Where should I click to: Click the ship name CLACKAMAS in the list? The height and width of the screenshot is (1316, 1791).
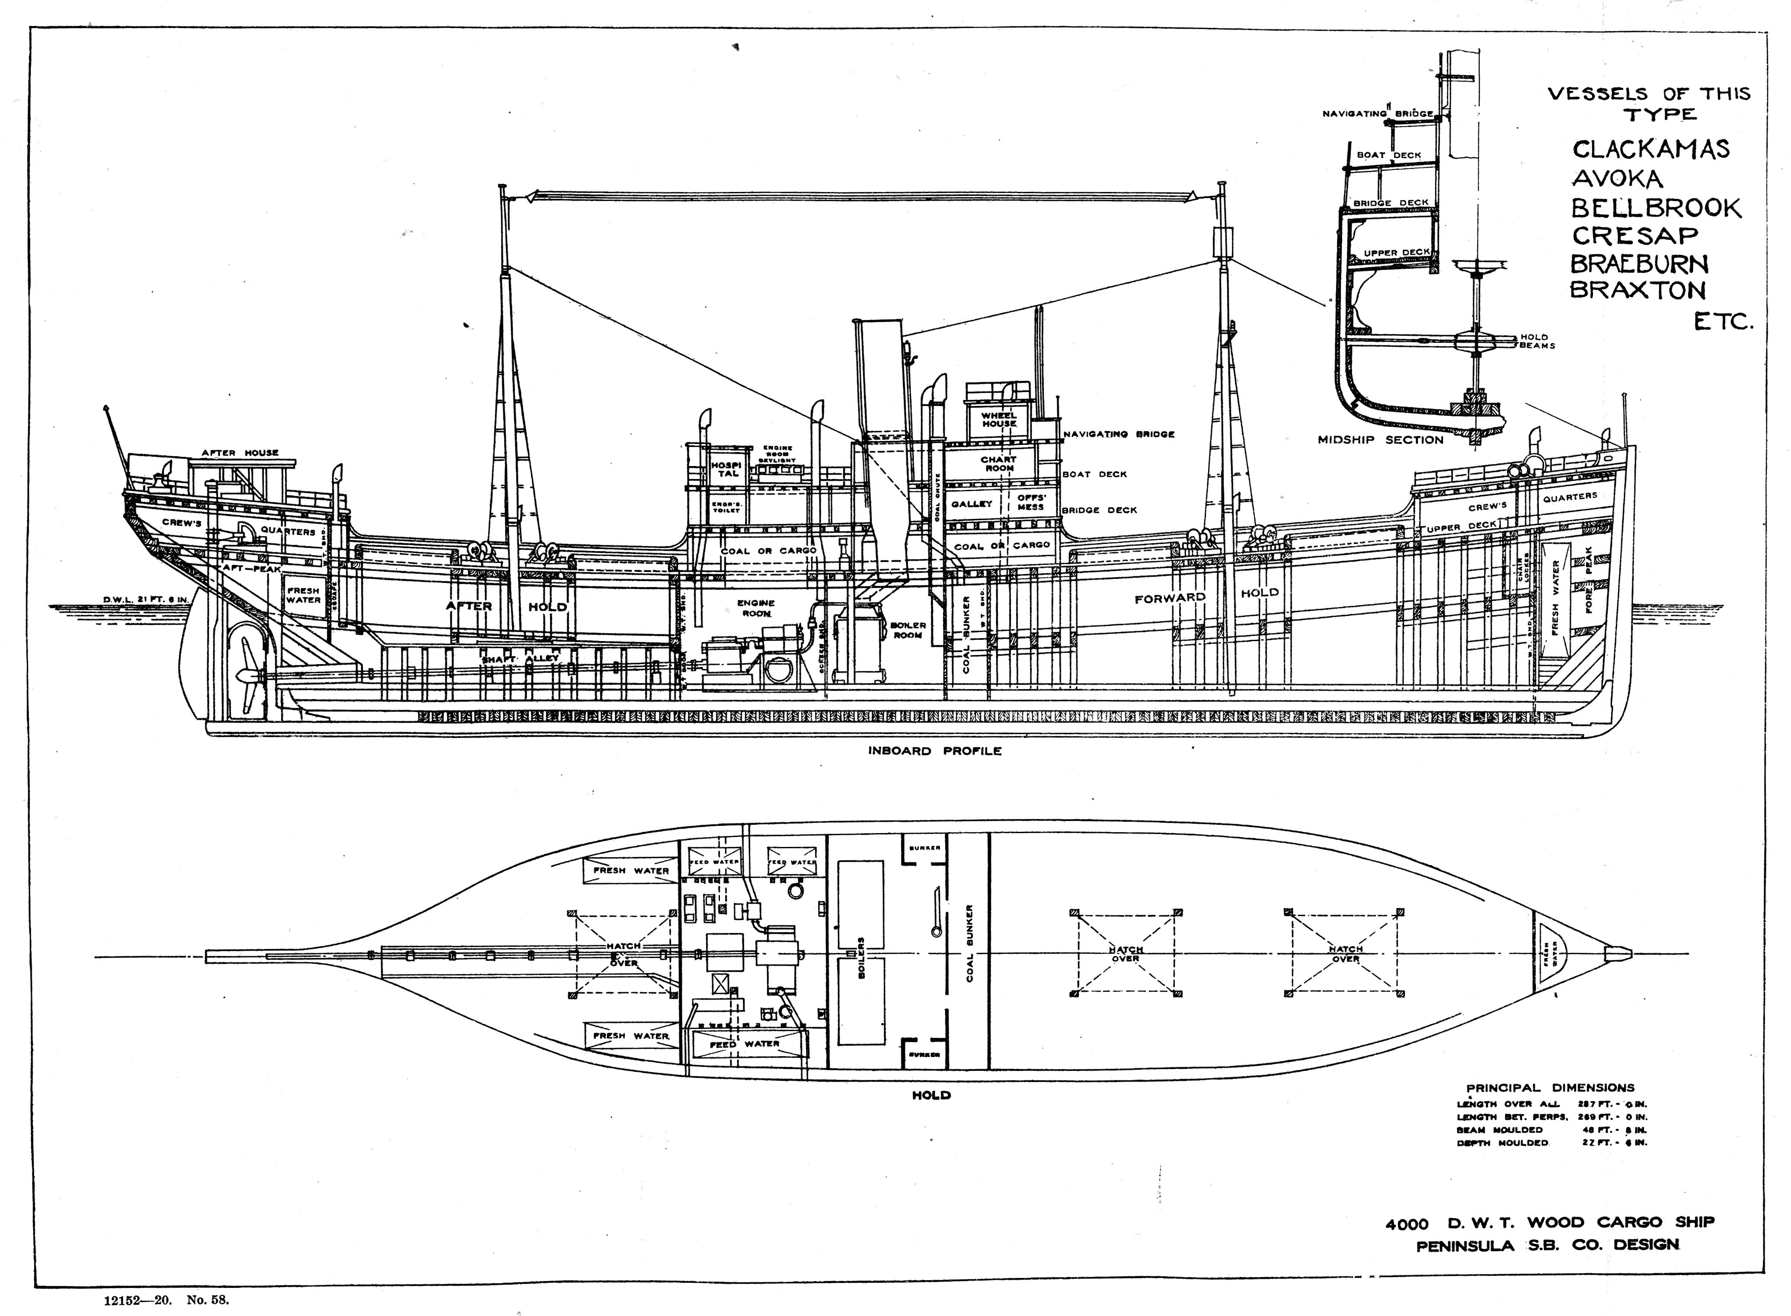pyautogui.click(x=1650, y=150)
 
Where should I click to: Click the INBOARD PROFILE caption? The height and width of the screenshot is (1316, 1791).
pyautogui.click(x=934, y=751)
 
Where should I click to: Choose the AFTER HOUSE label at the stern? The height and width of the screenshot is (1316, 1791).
pyautogui.click(x=240, y=453)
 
